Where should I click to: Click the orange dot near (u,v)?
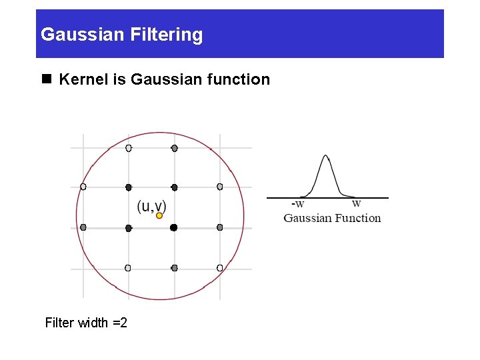[159, 215]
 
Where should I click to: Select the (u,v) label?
[151, 206]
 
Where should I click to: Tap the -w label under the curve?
[297, 204]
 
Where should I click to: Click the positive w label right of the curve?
[357, 203]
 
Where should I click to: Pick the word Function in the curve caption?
[358, 218]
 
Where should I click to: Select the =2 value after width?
[120, 323]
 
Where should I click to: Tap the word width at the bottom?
[93, 323]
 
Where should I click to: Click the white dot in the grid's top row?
[129, 148]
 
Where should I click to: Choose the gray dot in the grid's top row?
[174, 148]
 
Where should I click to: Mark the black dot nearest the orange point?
[173, 227]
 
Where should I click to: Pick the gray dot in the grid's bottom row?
[174, 268]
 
